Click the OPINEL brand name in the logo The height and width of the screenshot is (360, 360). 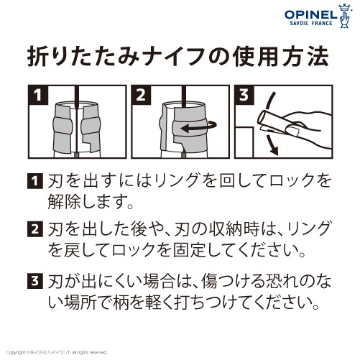pos(310,15)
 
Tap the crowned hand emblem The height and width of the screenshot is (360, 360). pos(345,16)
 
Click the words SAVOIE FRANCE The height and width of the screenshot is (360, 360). pos(311,23)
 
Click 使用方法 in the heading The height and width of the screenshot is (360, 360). pos(281,57)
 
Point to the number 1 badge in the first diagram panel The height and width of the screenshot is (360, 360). pos(38,95)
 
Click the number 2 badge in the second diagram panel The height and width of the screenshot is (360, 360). pos(141,95)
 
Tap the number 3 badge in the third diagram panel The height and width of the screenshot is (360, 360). pos(244,95)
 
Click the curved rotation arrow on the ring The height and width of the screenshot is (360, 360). pos(198,127)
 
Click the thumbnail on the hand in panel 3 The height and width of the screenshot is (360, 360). pos(292,130)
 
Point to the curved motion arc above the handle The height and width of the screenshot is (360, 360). pos(268,103)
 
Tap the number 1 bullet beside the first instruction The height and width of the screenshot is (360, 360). pos(35,181)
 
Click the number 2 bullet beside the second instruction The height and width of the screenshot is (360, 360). pos(35,229)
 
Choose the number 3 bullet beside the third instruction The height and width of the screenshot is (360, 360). pos(35,280)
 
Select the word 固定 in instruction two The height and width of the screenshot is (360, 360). pos(190,250)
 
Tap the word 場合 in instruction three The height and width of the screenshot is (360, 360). pos(159,281)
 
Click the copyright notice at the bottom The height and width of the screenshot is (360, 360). pos(57,352)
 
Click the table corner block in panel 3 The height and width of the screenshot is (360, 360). pos(244,142)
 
